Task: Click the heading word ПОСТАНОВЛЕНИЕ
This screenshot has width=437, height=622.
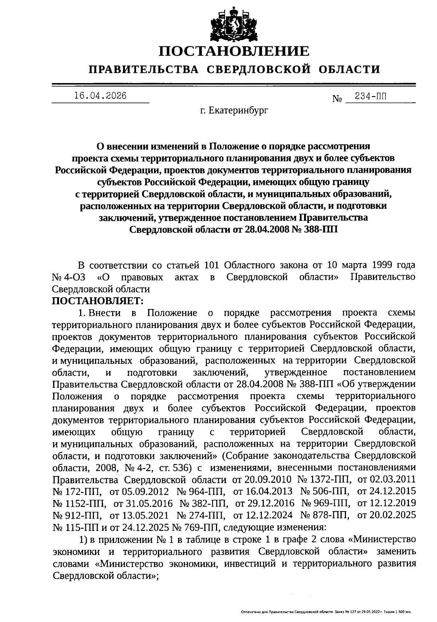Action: coord(234,51)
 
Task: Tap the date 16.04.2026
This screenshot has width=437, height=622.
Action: coord(100,96)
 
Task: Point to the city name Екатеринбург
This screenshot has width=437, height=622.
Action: coord(239,110)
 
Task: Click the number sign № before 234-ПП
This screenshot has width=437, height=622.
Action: coord(337,99)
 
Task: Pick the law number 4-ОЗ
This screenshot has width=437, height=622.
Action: coord(76,277)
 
